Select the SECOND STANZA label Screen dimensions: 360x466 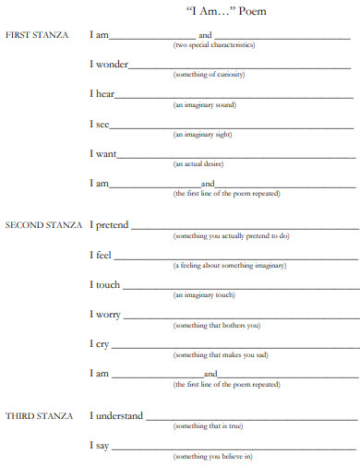(43, 225)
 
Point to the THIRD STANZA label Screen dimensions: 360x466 (38, 416)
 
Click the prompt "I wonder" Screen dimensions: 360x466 (108, 65)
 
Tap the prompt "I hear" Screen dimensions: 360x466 (102, 94)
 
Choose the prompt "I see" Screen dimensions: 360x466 (99, 124)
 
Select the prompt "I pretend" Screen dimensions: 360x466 (109, 224)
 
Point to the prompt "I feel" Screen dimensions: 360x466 (101, 255)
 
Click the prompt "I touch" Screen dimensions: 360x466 (105, 284)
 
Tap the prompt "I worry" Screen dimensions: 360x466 (105, 315)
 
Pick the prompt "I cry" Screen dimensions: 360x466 (100, 343)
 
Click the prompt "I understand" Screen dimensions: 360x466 (116, 416)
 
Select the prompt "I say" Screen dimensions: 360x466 (100, 446)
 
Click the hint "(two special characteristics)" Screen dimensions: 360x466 (214, 44)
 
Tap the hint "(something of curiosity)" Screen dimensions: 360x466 (210, 74)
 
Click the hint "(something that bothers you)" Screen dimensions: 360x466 (217, 325)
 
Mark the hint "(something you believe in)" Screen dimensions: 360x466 (213, 456)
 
